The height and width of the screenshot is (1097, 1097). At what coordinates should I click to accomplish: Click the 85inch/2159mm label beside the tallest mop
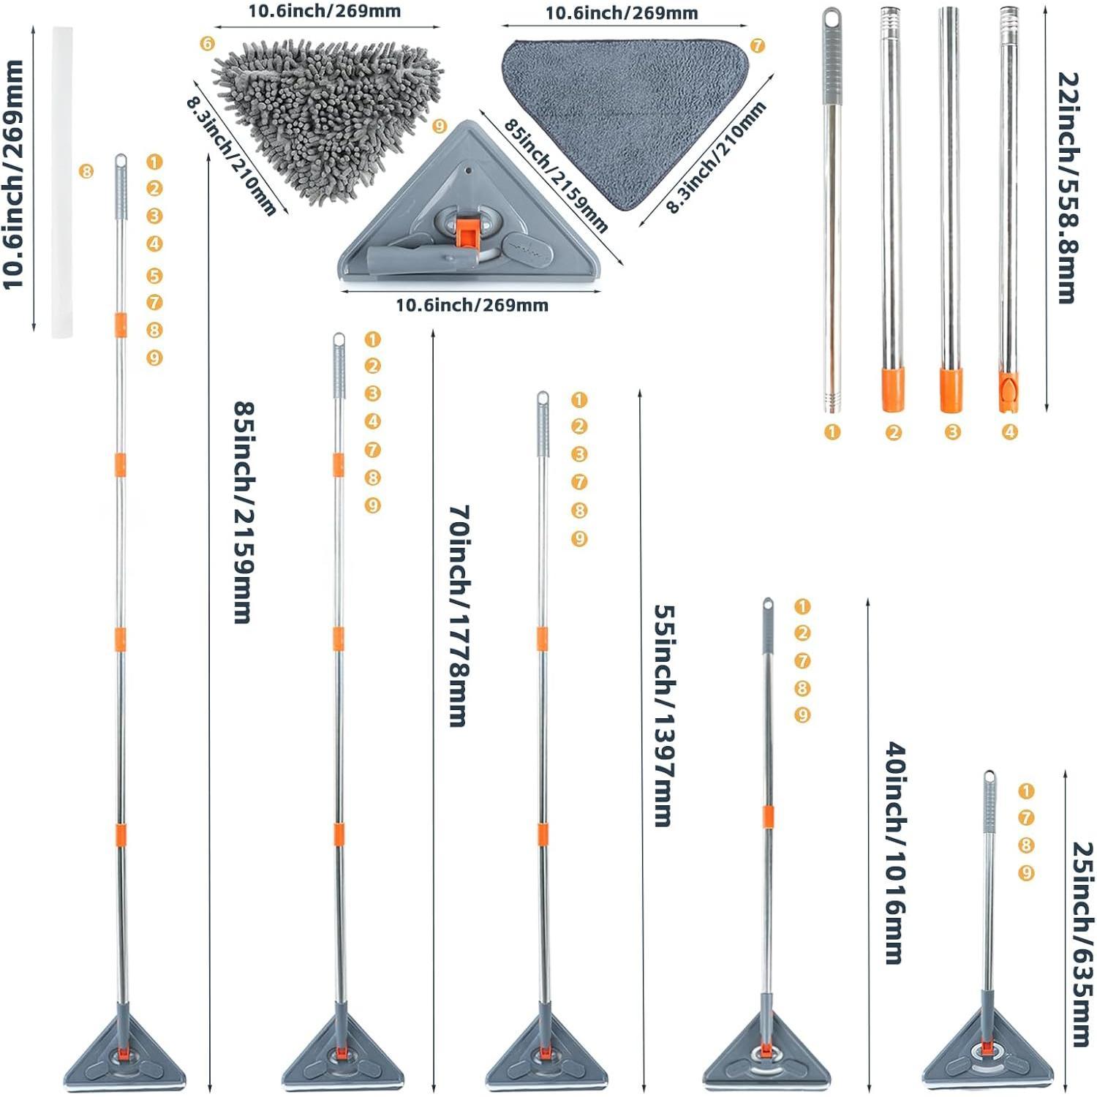pos(244,511)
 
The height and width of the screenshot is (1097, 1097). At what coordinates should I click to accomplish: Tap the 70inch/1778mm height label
pos(459,615)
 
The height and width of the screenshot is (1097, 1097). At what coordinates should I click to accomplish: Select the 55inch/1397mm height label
pos(663,715)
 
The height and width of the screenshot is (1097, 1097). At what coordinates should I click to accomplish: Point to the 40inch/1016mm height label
pos(896,853)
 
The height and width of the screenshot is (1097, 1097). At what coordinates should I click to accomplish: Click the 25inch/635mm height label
pos(1083,943)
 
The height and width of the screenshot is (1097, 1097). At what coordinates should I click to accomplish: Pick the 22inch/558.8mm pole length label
pos(1068,187)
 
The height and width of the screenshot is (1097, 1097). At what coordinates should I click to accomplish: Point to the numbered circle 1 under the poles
pos(832,432)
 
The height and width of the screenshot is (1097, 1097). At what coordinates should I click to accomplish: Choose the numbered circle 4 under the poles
pos(1010,432)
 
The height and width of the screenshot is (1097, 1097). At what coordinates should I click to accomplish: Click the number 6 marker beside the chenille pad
pos(208,44)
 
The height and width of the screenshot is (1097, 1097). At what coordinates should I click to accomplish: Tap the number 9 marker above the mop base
pos(440,127)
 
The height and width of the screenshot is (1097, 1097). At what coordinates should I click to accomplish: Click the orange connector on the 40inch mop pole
pos(768,817)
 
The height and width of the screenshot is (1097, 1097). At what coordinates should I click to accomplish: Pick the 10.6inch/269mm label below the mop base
pos(472,305)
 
